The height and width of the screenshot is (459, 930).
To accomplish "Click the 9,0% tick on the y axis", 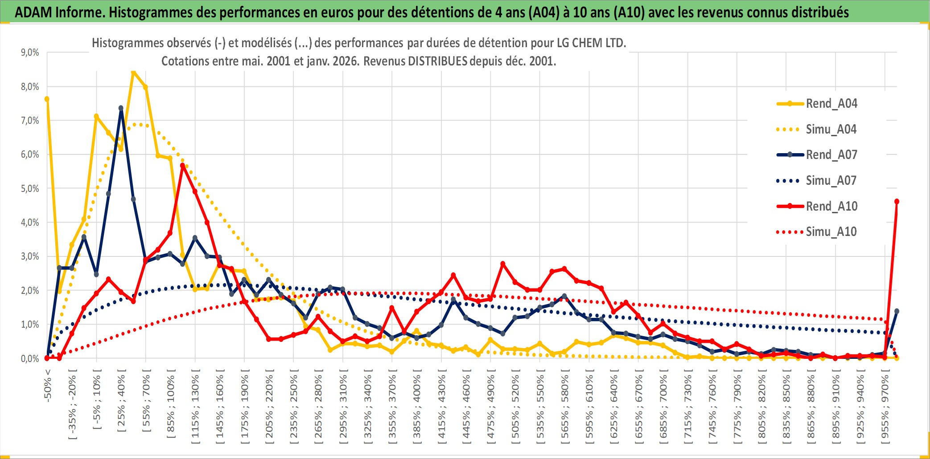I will click(30, 53).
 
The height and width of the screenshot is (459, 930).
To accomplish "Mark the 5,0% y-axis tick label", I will click(30, 188).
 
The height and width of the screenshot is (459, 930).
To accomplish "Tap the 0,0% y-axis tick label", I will click(30, 358).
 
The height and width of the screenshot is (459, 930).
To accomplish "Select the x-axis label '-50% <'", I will click(48, 386).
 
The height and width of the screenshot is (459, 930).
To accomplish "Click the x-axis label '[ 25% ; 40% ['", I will click(121, 403).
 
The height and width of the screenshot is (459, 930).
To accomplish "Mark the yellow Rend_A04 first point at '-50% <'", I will click(47, 99).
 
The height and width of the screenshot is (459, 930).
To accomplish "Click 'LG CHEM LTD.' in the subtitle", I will click(591, 43).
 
